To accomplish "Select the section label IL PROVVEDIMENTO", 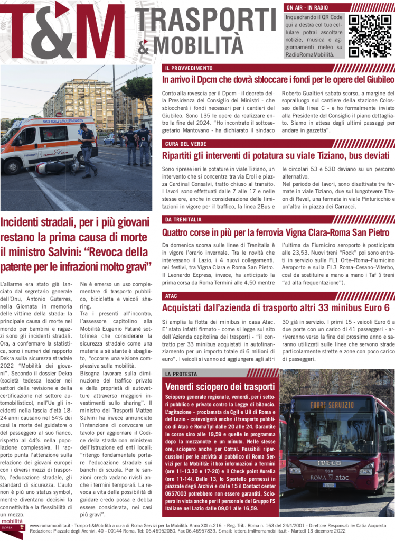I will (188, 68).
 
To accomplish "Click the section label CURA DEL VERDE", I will (185, 144).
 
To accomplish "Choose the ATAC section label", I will (171, 295).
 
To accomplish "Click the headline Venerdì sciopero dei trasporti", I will (220, 386).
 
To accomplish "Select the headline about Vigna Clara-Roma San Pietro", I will (276, 232).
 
